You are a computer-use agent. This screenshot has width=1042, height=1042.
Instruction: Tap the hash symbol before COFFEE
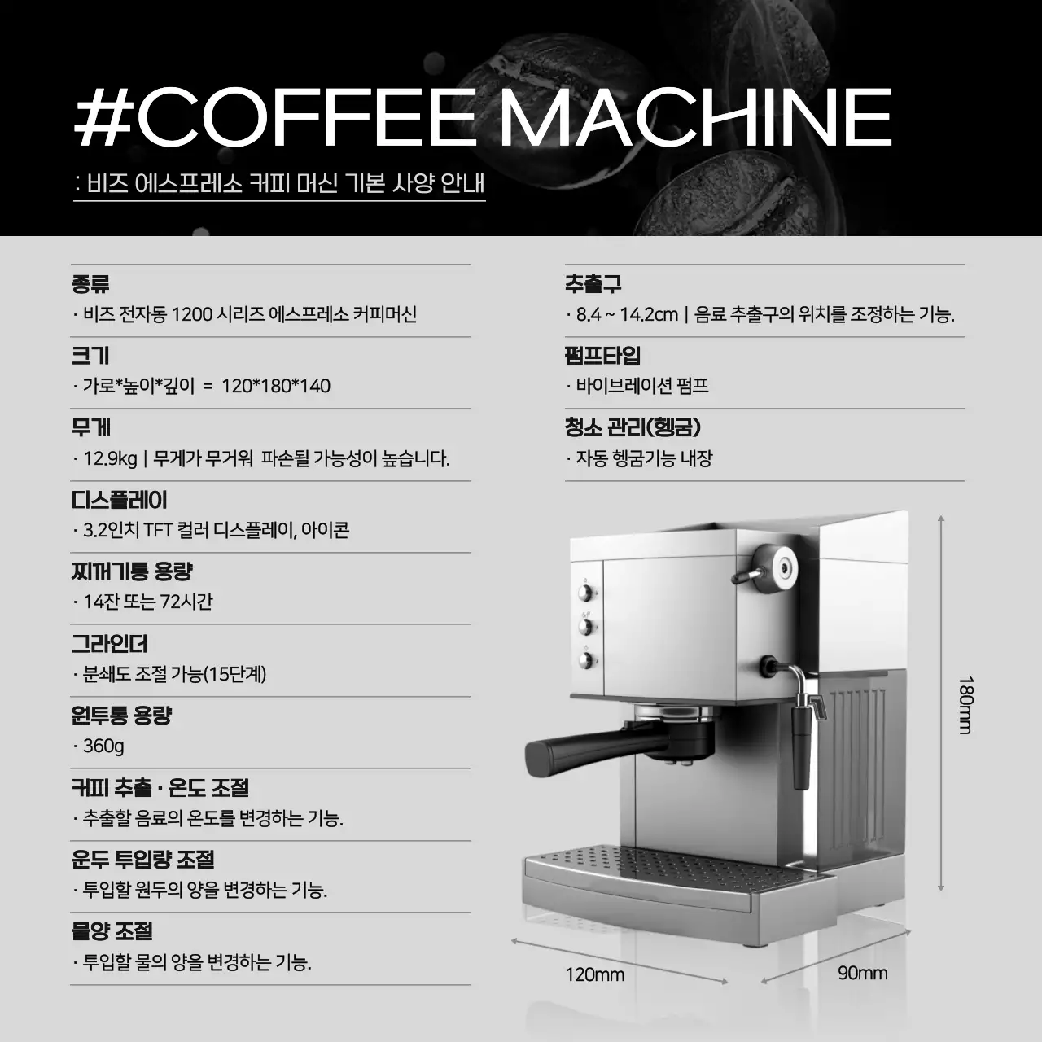point(103,117)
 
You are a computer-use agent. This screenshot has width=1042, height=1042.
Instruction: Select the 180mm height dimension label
point(965,705)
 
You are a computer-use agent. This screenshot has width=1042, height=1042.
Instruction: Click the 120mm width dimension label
point(595,974)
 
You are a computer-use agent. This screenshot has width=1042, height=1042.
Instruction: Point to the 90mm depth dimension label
point(862,973)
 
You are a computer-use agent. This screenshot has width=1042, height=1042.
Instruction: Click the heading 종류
point(90,284)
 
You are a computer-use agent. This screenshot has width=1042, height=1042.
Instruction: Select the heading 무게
point(90,427)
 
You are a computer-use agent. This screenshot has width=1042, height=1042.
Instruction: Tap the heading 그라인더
point(109,643)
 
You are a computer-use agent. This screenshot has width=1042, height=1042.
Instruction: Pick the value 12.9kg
point(111,459)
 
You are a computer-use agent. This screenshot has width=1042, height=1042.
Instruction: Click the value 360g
point(103,746)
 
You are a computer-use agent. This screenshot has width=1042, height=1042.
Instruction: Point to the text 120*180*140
point(276,386)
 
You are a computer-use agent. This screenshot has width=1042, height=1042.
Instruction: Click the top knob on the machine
point(584,593)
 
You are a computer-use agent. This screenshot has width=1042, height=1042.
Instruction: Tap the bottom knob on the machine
point(584,659)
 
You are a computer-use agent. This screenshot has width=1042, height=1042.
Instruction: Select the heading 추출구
point(593,284)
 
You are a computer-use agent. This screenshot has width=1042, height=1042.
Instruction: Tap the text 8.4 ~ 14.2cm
point(627,314)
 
